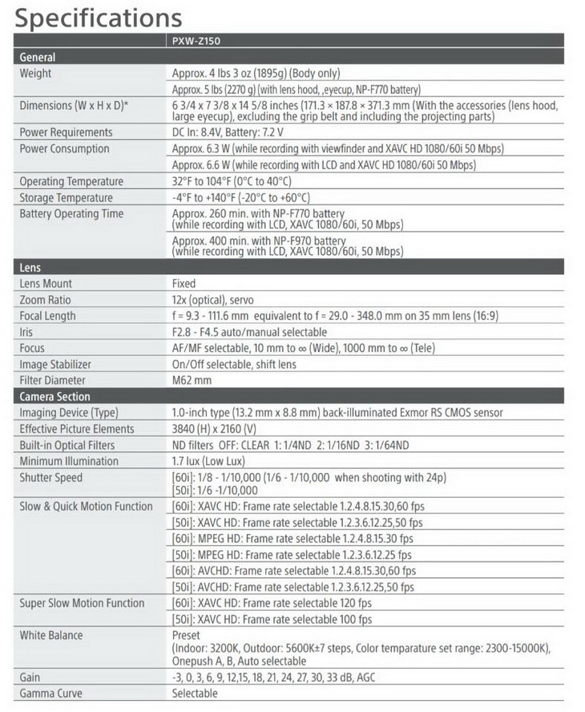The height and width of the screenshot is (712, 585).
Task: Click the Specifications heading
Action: (99, 17)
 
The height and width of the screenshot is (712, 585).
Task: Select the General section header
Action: (38, 58)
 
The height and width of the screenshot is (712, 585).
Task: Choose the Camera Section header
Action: (54, 397)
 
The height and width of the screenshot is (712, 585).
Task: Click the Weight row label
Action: (35, 74)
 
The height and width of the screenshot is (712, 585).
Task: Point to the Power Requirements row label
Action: (66, 132)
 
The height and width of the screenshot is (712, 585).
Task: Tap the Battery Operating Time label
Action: (71, 214)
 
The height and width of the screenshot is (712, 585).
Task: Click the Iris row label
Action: (26, 332)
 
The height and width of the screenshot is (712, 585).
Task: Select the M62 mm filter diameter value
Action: (192, 380)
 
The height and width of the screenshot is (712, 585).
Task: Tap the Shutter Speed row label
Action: (51, 478)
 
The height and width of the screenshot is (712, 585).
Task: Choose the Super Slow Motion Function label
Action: (82, 603)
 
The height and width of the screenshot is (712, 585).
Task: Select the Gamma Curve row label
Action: (50, 694)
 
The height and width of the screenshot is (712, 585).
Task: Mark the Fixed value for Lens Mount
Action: (184, 284)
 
